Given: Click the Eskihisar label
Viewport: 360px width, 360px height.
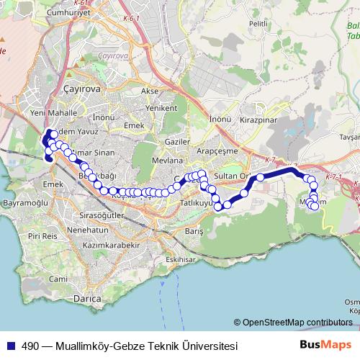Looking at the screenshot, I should click(179, 259).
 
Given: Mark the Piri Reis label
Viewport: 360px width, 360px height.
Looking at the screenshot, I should click(42, 235).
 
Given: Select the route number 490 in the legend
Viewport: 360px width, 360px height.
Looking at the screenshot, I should click(31, 346).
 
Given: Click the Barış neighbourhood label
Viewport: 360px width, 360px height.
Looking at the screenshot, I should click(194, 233).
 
